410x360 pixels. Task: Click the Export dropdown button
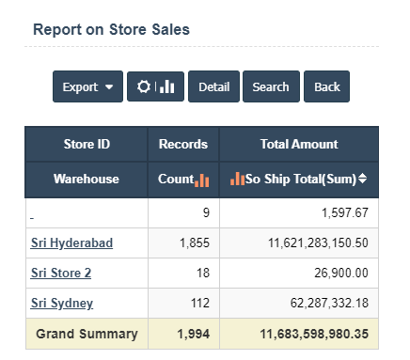coord(87,86)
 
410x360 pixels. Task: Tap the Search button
coord(271,86)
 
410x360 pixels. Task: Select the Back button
coord(327,86)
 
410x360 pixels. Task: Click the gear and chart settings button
coord(155,86)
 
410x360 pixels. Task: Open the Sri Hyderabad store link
coord(71,243)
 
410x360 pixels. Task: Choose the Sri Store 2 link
coord(61,274)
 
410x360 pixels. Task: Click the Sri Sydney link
coord(62,304)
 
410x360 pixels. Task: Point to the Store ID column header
coord(87,145)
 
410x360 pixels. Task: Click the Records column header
coord(182,145)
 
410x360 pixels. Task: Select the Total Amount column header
coord(298,145)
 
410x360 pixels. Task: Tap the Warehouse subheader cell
coord(87,179)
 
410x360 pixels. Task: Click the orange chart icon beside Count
coord(202,180)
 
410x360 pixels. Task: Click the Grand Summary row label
coord(87,334)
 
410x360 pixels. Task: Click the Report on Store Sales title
coord(111,29)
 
